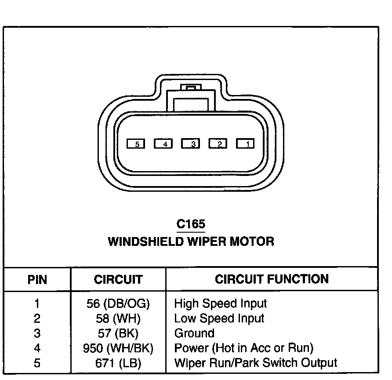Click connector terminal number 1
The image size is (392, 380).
(x=245, y=143)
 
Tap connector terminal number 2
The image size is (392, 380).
(x=218, y=143)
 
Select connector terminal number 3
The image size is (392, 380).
(x=190, y=143)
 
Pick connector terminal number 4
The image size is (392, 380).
(x=163, y=143)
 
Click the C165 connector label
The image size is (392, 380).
(x=191, y=224)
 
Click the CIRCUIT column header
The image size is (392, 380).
(x=118, y=280)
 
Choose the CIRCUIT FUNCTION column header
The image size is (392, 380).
(x=272, y=279)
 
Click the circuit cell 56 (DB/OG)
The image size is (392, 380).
(x=118, y=303)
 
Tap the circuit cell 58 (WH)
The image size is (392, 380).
(x=118, y=318)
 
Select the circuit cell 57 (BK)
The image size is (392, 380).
(x=118, y=333)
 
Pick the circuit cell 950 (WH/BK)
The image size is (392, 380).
(x=118, y=348)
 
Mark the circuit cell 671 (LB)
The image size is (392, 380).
(x=118, y=363)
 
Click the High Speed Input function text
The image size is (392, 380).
(x=220, y=303)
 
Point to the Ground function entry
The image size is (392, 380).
(x=194, y=333)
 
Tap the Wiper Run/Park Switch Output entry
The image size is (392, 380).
(x=255, y=363)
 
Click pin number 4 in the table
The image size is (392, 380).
(x=37, y=348)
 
